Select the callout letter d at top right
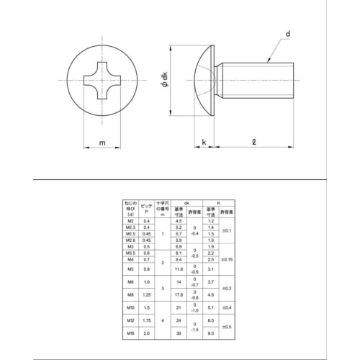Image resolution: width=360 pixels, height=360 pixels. click(x=287, y=34)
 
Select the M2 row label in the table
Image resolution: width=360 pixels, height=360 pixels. click(x=130, y=220)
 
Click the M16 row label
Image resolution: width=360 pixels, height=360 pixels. click(x=130, y=333)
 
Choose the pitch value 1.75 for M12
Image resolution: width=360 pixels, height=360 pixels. click(x=148, y=319)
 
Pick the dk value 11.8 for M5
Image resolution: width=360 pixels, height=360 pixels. click(x=179, y=269)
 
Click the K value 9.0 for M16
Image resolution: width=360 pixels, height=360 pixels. click(x=210, y=333)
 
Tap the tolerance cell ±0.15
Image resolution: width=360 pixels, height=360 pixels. click(x=226, y=258)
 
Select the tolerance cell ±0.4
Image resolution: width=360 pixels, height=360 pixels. click(x=226, y=307)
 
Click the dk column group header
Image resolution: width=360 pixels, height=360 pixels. click(x=186, y=204)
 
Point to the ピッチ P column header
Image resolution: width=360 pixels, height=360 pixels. click(x=148, y=209)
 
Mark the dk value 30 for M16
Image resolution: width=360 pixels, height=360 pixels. click(x=179, y=333)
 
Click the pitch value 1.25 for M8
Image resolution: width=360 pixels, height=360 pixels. click(x=148, y=294)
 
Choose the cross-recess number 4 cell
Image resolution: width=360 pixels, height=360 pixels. click(x=163, y=319)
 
